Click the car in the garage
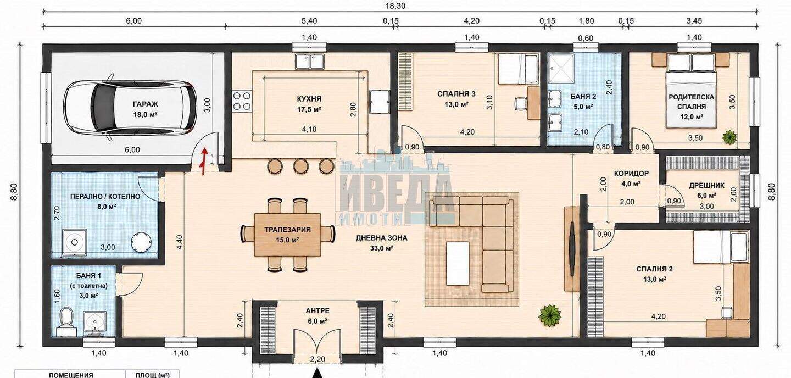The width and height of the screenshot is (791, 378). click(130, 108)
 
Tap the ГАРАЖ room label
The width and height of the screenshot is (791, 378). click(145, 104)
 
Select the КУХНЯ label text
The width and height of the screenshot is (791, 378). click(309, 99)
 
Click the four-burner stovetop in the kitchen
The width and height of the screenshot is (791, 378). click(242, 102)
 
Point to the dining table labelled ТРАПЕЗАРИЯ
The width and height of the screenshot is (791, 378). click(287, 235)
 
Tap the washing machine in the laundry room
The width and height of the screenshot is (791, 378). click(75, 242)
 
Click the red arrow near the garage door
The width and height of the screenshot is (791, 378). click(204, 162)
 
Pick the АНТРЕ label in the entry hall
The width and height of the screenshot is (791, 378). click(317, 311)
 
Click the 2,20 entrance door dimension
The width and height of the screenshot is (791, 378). click(317, 359)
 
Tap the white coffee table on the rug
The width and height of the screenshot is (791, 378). click(458, 263)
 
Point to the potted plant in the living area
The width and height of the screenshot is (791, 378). click(550, 315)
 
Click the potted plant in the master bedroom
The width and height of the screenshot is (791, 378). click(729, 137)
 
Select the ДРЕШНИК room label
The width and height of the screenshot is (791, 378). click(706, 186)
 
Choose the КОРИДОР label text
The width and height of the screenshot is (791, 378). click(631, 174)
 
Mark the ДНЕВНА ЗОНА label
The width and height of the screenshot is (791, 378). click(381, 238)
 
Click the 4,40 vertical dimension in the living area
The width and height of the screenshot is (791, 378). click(180, 242)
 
